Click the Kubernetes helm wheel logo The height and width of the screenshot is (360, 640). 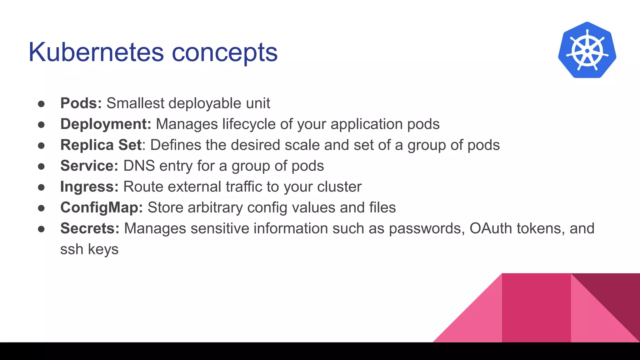pos(587,50)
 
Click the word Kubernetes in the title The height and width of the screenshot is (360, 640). pos(96,52)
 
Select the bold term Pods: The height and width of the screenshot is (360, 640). pos(81,103)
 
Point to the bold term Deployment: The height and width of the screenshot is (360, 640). pos(106,124)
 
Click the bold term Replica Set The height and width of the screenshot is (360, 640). pos(101,145)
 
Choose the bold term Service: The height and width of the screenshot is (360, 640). pos(89,166)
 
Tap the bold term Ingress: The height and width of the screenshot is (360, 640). pos(89,187)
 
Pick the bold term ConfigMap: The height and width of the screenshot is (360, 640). pos(102,207)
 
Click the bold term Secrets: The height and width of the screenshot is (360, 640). pos(90,228)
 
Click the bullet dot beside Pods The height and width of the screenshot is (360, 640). pos(41,104)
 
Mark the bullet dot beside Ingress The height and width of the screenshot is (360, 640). pos(41,187)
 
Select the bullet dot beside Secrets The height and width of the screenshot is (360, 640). pos(41,229)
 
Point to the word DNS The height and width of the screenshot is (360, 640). pos(139,166)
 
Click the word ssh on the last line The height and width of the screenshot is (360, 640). pos(72,249)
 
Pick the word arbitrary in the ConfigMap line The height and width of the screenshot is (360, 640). pos(215,207)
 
